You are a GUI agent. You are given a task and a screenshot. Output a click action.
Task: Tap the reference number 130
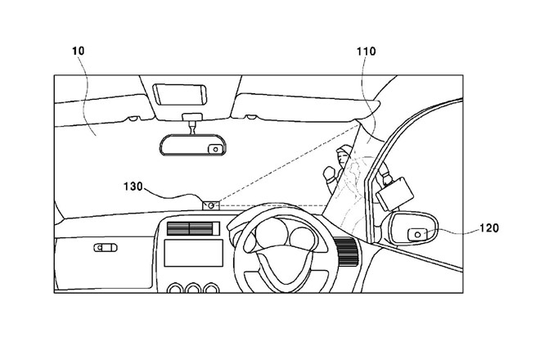tap(133, 187)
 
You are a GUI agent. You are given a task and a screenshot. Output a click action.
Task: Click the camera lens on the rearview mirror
tap(214, 149)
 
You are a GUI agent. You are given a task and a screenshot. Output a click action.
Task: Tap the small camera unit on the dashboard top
tap(210, 205)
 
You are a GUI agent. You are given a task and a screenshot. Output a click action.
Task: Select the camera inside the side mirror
tap(417, 234)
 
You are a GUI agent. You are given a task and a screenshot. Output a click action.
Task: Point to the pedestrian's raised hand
tap(330, 173)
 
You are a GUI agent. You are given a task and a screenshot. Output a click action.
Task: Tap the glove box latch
tap(105, 247)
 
